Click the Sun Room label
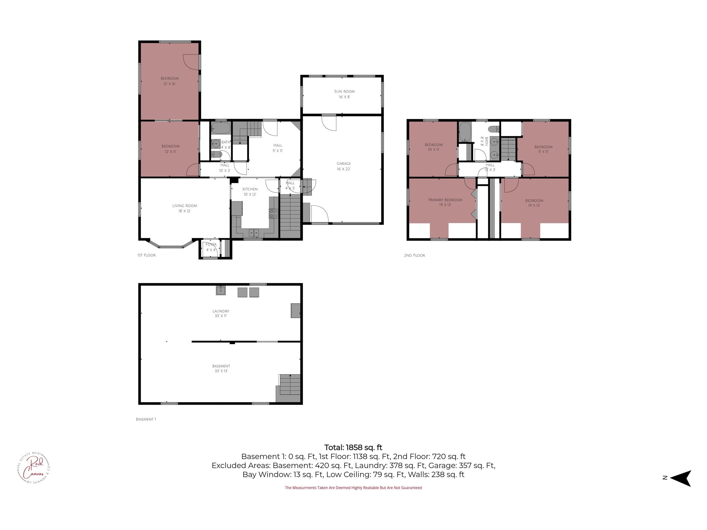click(344, 94)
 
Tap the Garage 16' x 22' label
click(344, 166)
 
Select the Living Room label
click(185, 208)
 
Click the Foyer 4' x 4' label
click(211, 247)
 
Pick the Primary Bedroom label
click(445, 202)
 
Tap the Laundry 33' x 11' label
click(221, 313)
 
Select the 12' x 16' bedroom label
click(169, 81)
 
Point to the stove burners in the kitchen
click(273, 213)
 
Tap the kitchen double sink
click(254, 232)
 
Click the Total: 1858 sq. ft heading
click(353, 447)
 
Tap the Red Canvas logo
click(33, 467)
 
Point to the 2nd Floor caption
click(414, 255)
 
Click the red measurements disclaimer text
click(353, 488)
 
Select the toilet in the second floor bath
click(494, 129)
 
